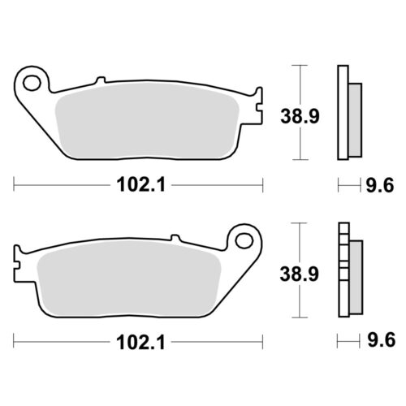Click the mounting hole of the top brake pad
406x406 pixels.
coord(32,83)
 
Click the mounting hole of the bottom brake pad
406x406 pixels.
coord(244,240)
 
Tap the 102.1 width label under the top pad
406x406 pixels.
coord(140,185)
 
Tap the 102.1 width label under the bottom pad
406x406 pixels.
coord(140,343)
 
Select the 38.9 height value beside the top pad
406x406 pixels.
coord(300,116)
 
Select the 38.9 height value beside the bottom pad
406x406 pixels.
coord(300,274)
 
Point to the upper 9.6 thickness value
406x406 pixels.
coord(380,186)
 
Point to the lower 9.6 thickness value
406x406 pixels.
coord(382,340)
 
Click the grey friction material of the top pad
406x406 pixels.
coord(146,120)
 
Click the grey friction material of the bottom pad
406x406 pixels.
coord(129,279)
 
